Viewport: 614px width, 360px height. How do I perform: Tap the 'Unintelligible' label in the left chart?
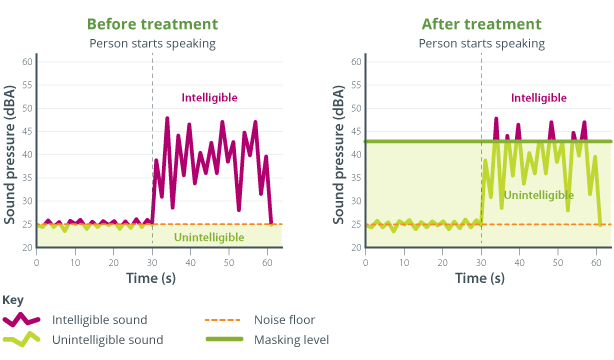pyautogui.click(x=208, y=237)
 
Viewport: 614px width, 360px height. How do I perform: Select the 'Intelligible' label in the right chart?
pyautogui.click(x=539, y=98)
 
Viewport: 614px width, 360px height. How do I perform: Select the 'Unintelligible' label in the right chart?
pyautogui.click(x=539, y=195)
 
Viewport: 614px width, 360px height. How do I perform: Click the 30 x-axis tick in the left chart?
pyautogui.click(x=152, y=262)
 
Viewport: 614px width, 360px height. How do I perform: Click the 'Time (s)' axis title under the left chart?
pyautogui.click(x=152, y=279)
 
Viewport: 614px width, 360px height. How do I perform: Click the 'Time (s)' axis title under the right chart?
pyautogui.click(x=481, y=279)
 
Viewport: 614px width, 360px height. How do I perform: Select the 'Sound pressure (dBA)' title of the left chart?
pyautogui.click(x=10, y=155)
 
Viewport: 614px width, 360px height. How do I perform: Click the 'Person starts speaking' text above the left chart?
pyautogui.click(x=152, y=43)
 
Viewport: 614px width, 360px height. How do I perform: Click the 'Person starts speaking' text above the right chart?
pyautogui.click(x=481, y=43)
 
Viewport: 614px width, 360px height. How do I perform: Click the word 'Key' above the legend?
pyautogui.click(x=13, y=300)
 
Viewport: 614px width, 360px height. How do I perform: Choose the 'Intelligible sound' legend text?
pyautogui.click(x=98, y=320)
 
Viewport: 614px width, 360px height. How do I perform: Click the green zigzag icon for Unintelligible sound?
pyautogui.click(x=21, y=340)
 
